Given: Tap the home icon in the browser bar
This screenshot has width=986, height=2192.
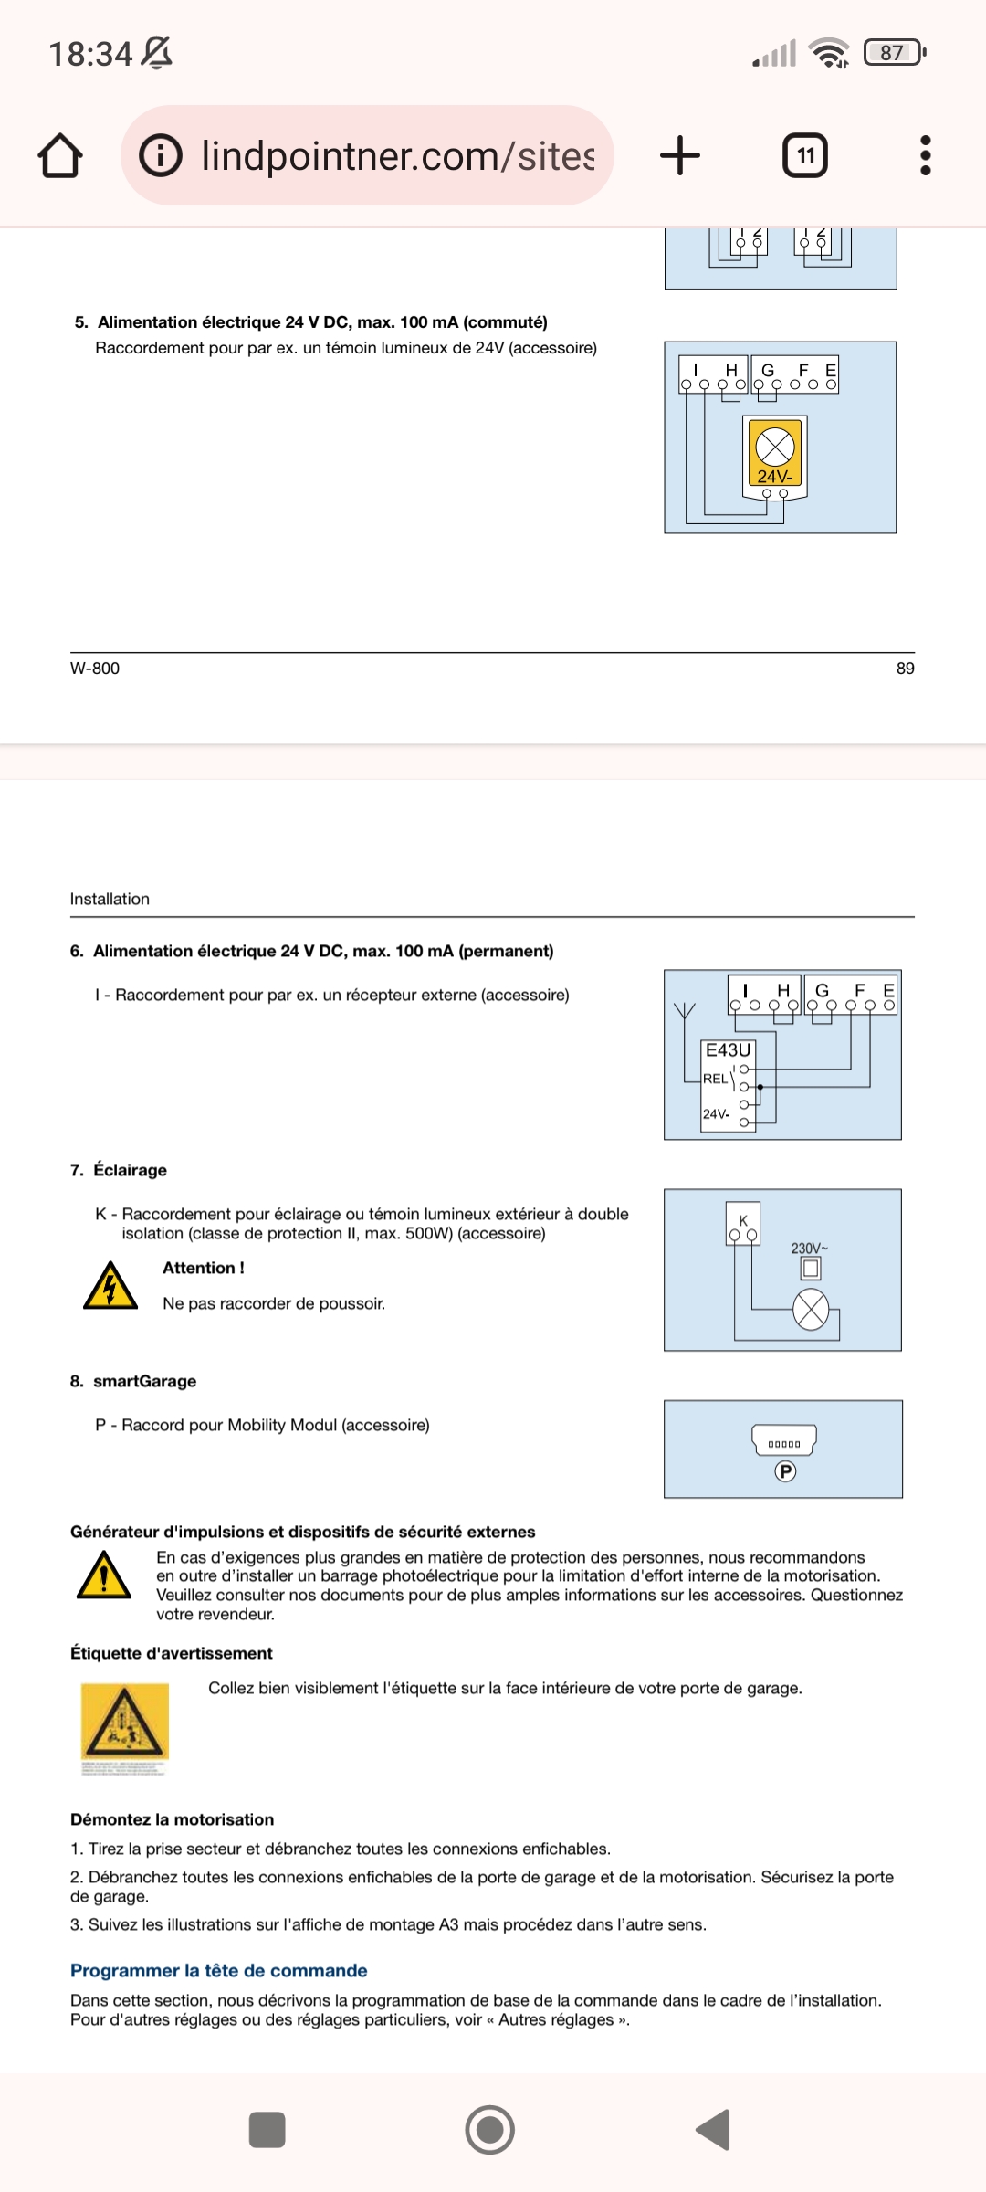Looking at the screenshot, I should coord(60,155).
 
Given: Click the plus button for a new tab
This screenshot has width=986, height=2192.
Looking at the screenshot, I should coord(680,155).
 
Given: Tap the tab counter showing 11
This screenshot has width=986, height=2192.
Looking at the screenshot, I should coord(805,155).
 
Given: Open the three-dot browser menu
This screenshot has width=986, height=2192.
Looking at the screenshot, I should coord(926,155).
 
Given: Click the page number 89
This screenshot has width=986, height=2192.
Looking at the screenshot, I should coord(905,669).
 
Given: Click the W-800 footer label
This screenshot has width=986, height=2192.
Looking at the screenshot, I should coord(95,669).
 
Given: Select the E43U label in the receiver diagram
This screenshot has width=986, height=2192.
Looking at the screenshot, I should coord(728,1050).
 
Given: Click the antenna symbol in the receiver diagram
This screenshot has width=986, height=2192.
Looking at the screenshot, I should coord(684,1011).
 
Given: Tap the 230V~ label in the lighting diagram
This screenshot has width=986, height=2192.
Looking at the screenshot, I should coord(809,1249).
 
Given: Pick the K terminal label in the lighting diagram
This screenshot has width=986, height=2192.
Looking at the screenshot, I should coord(743,1220).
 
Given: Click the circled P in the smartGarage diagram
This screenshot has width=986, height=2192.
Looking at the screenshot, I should coord(785,1471).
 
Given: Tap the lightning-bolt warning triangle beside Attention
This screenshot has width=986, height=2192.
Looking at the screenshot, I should coord(110,1286).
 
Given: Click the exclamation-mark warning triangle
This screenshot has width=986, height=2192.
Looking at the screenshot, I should coord(104,1575).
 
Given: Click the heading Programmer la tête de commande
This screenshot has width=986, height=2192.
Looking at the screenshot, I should coord(219,1971).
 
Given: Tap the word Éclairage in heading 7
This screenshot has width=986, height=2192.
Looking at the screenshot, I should coord(131,1170).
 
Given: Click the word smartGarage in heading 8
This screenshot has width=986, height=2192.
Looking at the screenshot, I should coord(145,1381).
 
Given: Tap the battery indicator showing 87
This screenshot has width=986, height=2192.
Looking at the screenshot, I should coord(894,53).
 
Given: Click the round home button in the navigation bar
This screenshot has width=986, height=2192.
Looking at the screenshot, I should coord(490,2130).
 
